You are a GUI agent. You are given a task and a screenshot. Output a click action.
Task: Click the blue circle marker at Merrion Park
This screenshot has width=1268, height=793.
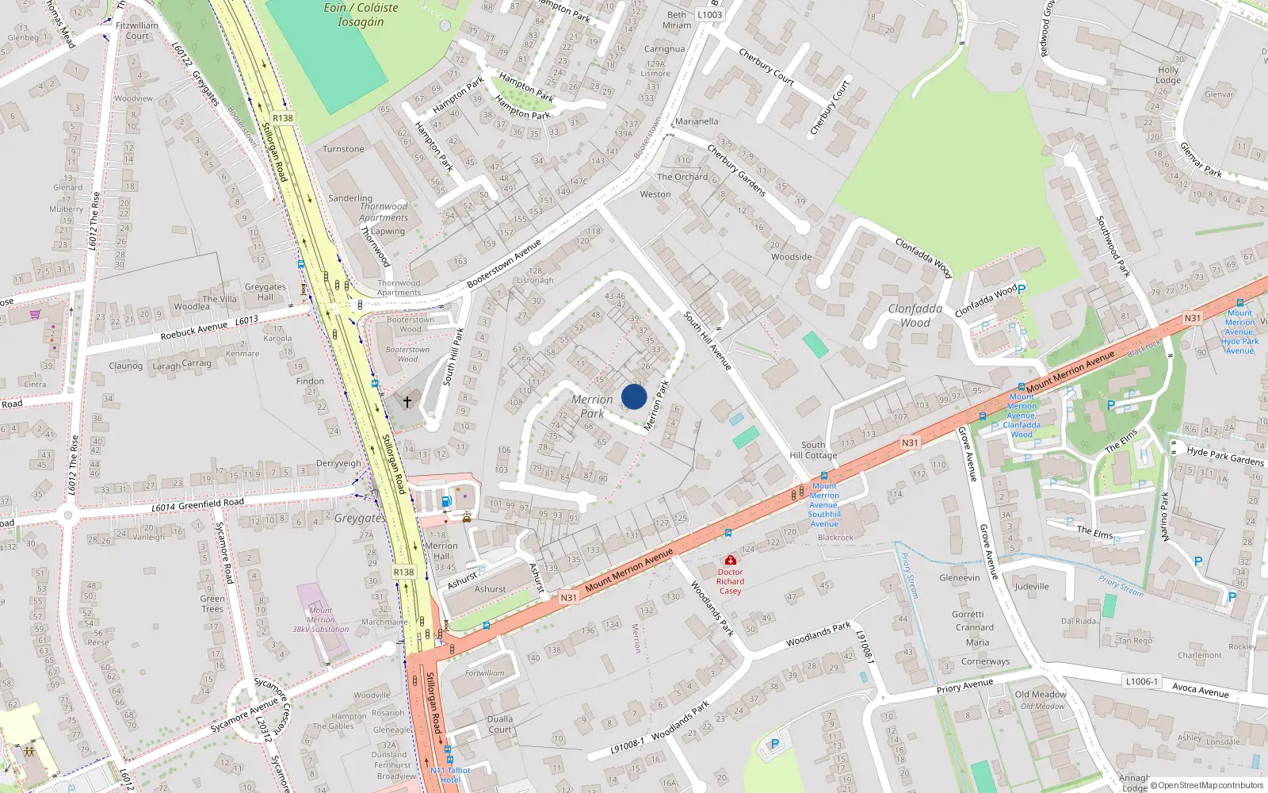pos(634,396)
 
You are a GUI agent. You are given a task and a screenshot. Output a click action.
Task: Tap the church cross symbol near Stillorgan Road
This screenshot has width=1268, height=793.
pos(407,402)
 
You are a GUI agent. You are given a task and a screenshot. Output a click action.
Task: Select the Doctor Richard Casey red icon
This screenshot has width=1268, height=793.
pos(731,561)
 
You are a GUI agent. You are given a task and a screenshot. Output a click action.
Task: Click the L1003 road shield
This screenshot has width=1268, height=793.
pos(709,14)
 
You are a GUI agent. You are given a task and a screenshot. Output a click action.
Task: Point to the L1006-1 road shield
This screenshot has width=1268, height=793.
pos(1141,681)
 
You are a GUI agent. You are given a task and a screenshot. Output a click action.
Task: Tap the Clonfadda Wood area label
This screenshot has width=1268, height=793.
pos(915,316)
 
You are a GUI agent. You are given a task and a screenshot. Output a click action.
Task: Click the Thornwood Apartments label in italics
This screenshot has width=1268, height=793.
pos(384,212)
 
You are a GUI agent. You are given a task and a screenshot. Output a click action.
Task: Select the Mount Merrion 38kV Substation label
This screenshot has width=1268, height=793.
pos(320,620)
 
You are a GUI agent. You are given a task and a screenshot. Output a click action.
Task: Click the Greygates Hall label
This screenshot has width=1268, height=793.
pos(265,292)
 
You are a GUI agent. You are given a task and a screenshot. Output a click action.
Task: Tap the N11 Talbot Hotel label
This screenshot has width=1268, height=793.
pos(450,775)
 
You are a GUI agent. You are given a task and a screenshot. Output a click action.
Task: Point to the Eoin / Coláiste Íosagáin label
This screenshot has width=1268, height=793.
pos(361,14)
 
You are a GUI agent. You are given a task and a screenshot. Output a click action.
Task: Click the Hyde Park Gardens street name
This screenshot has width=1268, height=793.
pos(1225,456)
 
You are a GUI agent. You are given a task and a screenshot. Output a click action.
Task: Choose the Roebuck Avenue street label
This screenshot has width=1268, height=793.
pos(193,331)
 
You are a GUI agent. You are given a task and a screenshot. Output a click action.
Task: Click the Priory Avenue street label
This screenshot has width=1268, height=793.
pos(964,686)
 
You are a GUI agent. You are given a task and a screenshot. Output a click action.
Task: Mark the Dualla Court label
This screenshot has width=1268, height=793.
pos(500,724)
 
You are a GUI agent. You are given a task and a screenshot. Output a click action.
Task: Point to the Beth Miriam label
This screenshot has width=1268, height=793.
pos(677,20)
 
